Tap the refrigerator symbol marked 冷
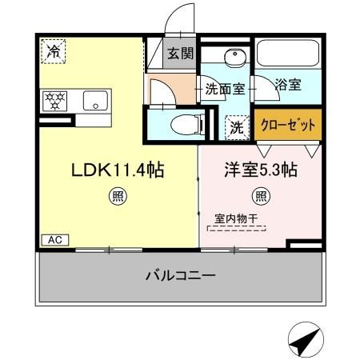pos(54,50)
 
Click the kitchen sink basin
pos(95,102)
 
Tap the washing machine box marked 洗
pos(238,125)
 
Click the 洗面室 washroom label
pos(224,89)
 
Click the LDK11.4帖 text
pos(118,170)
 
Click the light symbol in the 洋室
pos(260,194)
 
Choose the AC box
pos(54,239)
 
